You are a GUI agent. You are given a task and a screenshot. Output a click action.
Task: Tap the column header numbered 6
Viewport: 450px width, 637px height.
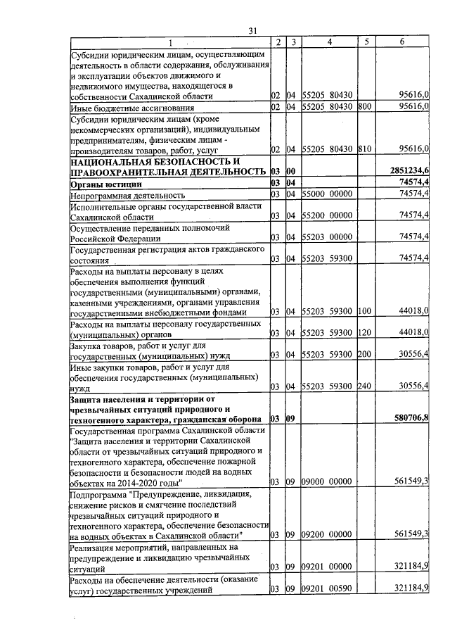point(401,42)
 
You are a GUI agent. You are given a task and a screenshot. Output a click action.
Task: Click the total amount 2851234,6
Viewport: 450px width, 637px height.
point(409,171)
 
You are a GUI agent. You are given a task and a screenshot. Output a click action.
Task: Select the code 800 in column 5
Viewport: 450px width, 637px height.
point(364,107)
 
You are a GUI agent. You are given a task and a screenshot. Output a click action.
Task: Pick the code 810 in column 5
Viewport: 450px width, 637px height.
point(364,149)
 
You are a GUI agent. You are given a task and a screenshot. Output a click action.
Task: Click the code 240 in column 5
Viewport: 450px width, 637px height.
point(364,386)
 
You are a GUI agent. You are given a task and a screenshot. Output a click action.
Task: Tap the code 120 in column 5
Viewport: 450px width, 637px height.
point(364,332)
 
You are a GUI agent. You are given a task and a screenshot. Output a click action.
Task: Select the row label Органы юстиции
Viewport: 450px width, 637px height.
point(103,183)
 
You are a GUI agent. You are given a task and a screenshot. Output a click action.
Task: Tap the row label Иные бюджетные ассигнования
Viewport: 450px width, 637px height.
point(131,108)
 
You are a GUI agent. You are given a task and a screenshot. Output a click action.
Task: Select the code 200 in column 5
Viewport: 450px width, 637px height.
point(364,354)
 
